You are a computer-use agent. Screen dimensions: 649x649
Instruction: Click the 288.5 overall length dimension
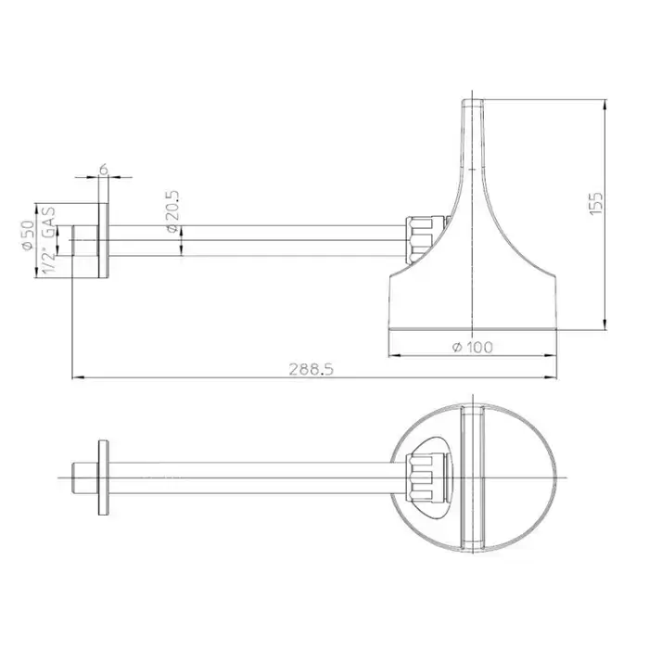coord(311,369)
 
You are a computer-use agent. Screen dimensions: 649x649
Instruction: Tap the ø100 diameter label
coord(472,347)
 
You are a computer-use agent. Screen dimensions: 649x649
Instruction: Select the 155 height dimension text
coord(595,203)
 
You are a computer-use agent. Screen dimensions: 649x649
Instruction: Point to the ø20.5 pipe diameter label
coord(172,211)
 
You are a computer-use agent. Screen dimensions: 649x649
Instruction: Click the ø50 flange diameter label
coord(27,235)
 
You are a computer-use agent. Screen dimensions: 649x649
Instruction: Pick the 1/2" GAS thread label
coord(49,240)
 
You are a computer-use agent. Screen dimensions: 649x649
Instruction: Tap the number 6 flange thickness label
coord(104,169)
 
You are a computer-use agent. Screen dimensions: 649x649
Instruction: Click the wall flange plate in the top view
coord(104,477)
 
